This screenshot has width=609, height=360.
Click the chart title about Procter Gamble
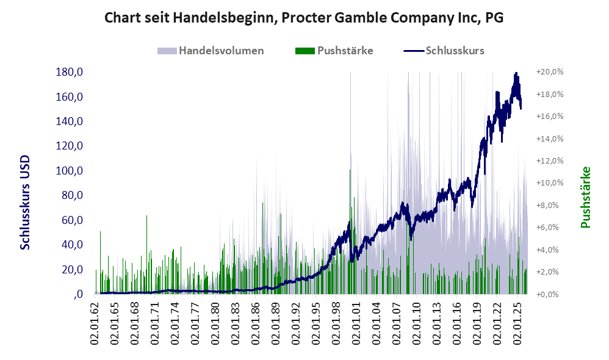tap(304, 18)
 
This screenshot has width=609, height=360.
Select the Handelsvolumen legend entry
tap(211, 51)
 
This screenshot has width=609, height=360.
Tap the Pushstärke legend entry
tap(334, 51)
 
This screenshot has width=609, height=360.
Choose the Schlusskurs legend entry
tap(444, 51)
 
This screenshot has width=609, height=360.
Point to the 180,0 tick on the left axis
tap(69, 72)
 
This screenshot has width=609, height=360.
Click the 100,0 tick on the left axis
tap(69, 171)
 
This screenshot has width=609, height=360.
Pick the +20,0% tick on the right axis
tap(550, 72)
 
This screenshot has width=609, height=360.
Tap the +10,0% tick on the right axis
tap(550, 183)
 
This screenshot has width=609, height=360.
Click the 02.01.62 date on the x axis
tap(95, 321)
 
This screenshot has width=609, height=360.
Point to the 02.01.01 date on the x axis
tap(356, 321)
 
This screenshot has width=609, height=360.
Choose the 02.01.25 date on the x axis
tap(517, 321)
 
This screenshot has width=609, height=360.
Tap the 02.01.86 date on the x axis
tap(256, 321)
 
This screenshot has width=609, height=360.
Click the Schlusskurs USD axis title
tap(24, 203)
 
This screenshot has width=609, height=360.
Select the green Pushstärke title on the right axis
tap(585, 197)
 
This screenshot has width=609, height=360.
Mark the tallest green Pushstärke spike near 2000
tap(350, 170)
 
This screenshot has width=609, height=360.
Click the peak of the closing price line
tap(516, 73)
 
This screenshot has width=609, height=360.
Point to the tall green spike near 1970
tap(147, 215)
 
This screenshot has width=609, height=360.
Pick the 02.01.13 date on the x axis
tap(436, 321)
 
